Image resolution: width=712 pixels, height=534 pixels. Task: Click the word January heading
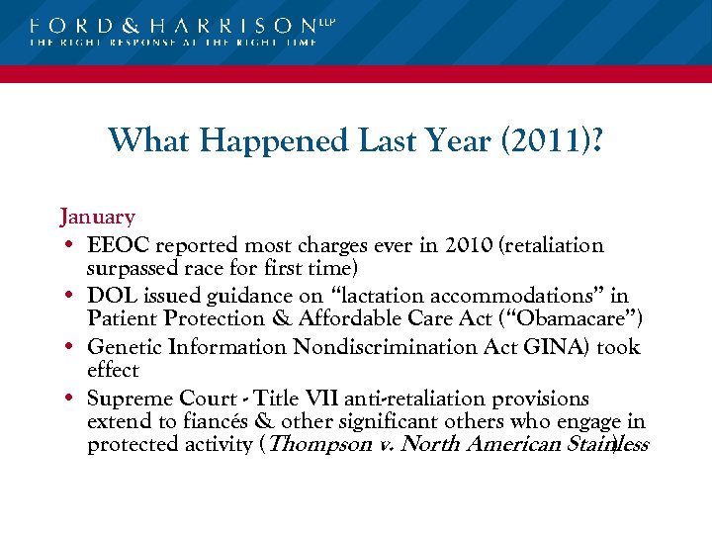pyautogui.click(x=97, y=216)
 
